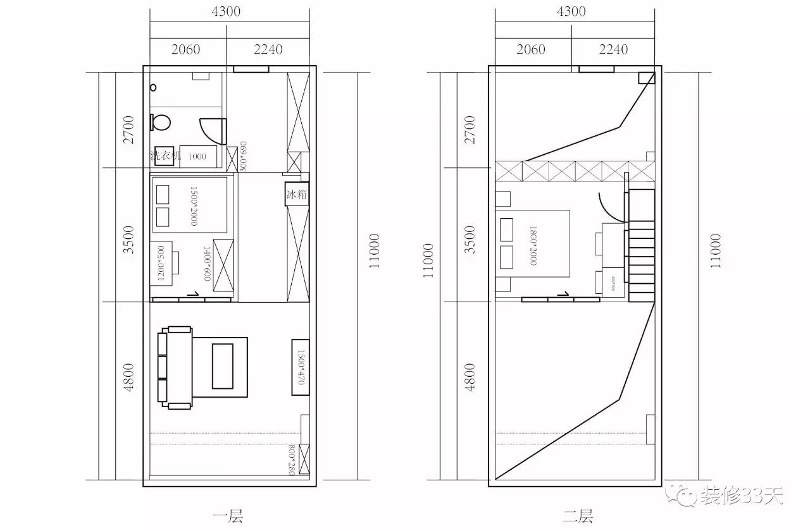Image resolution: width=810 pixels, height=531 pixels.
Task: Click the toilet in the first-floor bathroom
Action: point(161,121)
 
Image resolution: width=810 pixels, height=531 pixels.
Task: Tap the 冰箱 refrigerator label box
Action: point(297,194)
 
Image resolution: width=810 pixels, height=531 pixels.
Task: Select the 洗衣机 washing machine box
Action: point(165,156)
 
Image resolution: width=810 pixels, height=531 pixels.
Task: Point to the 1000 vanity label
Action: point(197,156)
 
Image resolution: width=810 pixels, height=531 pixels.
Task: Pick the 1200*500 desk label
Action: point(160,259)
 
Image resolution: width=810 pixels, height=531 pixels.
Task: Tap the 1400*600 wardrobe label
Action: point(206,263)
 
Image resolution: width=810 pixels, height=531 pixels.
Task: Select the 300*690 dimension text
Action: point(244,156)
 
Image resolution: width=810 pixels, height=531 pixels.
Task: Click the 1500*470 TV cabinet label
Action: point(301,367)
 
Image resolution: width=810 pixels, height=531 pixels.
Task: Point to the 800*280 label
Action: point(291,459)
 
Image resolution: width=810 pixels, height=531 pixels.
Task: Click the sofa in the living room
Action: point(177,367)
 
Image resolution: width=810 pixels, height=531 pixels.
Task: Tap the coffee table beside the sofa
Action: point(221,366)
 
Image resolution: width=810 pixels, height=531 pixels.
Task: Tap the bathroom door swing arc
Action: point(211,130)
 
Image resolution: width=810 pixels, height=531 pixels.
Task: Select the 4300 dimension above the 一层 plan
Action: point(226,11)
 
